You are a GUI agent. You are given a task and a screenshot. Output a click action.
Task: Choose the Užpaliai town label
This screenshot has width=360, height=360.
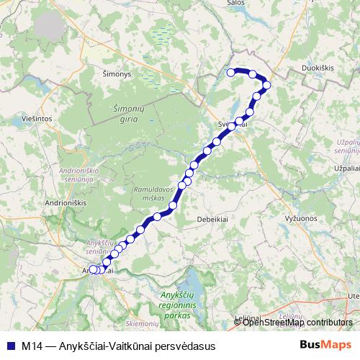pyautogui.click(x=341, y=167)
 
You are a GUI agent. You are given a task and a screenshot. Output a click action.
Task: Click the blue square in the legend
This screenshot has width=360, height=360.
pyautogui.click(x=9, y=346)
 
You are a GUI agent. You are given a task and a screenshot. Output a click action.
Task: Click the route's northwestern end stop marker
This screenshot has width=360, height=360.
pyautogui.click(x=231, y=72)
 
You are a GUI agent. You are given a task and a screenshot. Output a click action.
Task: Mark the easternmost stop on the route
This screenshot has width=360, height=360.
pyautogui.click(x=266, y=85)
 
